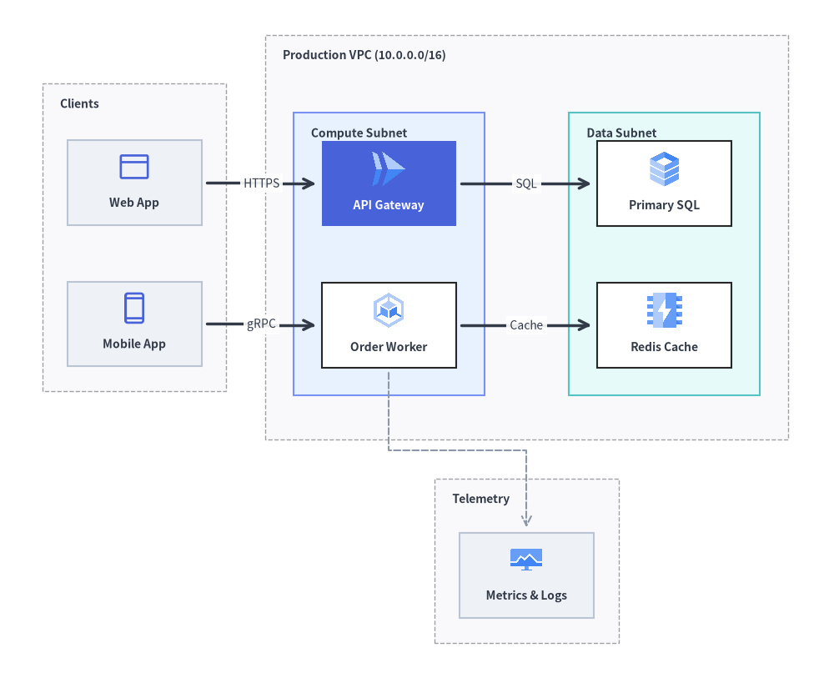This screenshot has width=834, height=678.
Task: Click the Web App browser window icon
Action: tap(134, 167)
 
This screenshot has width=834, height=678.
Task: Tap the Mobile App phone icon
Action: tap(134, 308)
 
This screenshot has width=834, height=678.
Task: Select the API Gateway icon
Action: tap(389, 169)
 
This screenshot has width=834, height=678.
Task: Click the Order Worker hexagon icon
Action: tap(389, 310)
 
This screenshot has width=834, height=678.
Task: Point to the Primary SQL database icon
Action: tap(665, 169)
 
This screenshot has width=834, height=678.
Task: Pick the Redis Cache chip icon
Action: tap(665, 310)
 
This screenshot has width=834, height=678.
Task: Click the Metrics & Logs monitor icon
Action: tap(526, 560)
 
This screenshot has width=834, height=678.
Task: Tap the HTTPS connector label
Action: tap(261, 183)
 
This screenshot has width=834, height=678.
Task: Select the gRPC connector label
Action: tap(261, 324)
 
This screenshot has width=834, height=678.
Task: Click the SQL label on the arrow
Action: tap(526, 183)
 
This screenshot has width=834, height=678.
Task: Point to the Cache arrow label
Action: tap(526, 325)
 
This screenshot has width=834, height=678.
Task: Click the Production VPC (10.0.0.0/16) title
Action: tap(364, 55)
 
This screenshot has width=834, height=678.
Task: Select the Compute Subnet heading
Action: tap(359, 133)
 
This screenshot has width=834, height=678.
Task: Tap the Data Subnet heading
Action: tap(621, 133)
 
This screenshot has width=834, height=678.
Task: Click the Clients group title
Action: tap(79, 103)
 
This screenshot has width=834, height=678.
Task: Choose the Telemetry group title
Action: tap(481, 499)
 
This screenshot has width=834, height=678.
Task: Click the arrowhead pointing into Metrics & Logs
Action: tap(526, 521)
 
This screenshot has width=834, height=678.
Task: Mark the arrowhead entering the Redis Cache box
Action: tap(585, 325)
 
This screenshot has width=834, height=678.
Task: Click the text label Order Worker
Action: tap(389, 347)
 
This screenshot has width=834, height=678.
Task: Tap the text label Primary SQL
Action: tap(665, 205)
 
